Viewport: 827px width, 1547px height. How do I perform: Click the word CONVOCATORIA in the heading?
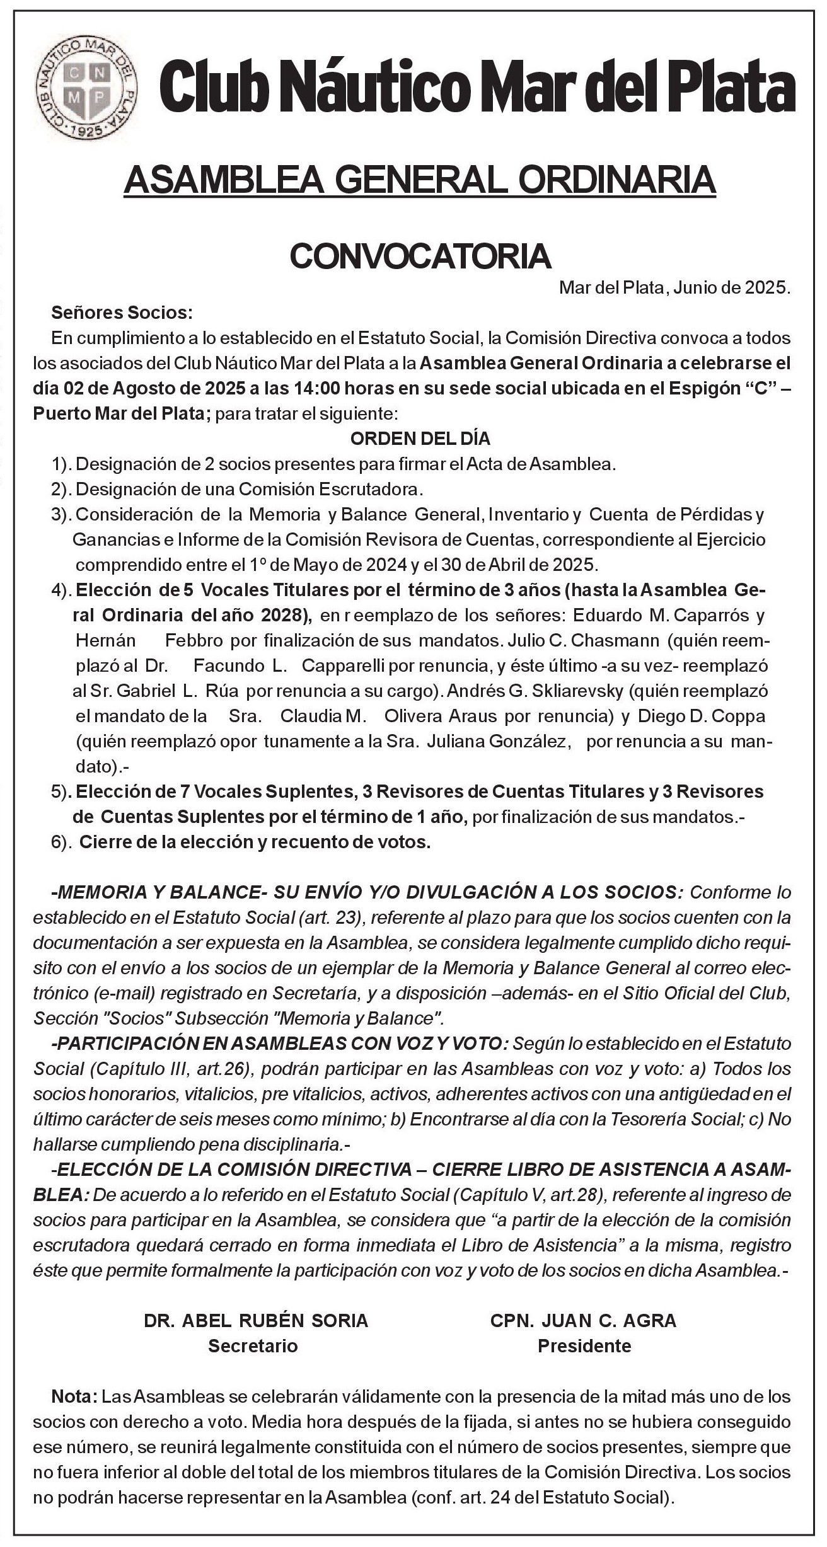coord(420,255)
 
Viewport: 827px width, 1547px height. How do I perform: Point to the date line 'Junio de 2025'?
coord(731,289)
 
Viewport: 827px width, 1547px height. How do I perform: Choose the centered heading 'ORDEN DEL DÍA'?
coord(420,439)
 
